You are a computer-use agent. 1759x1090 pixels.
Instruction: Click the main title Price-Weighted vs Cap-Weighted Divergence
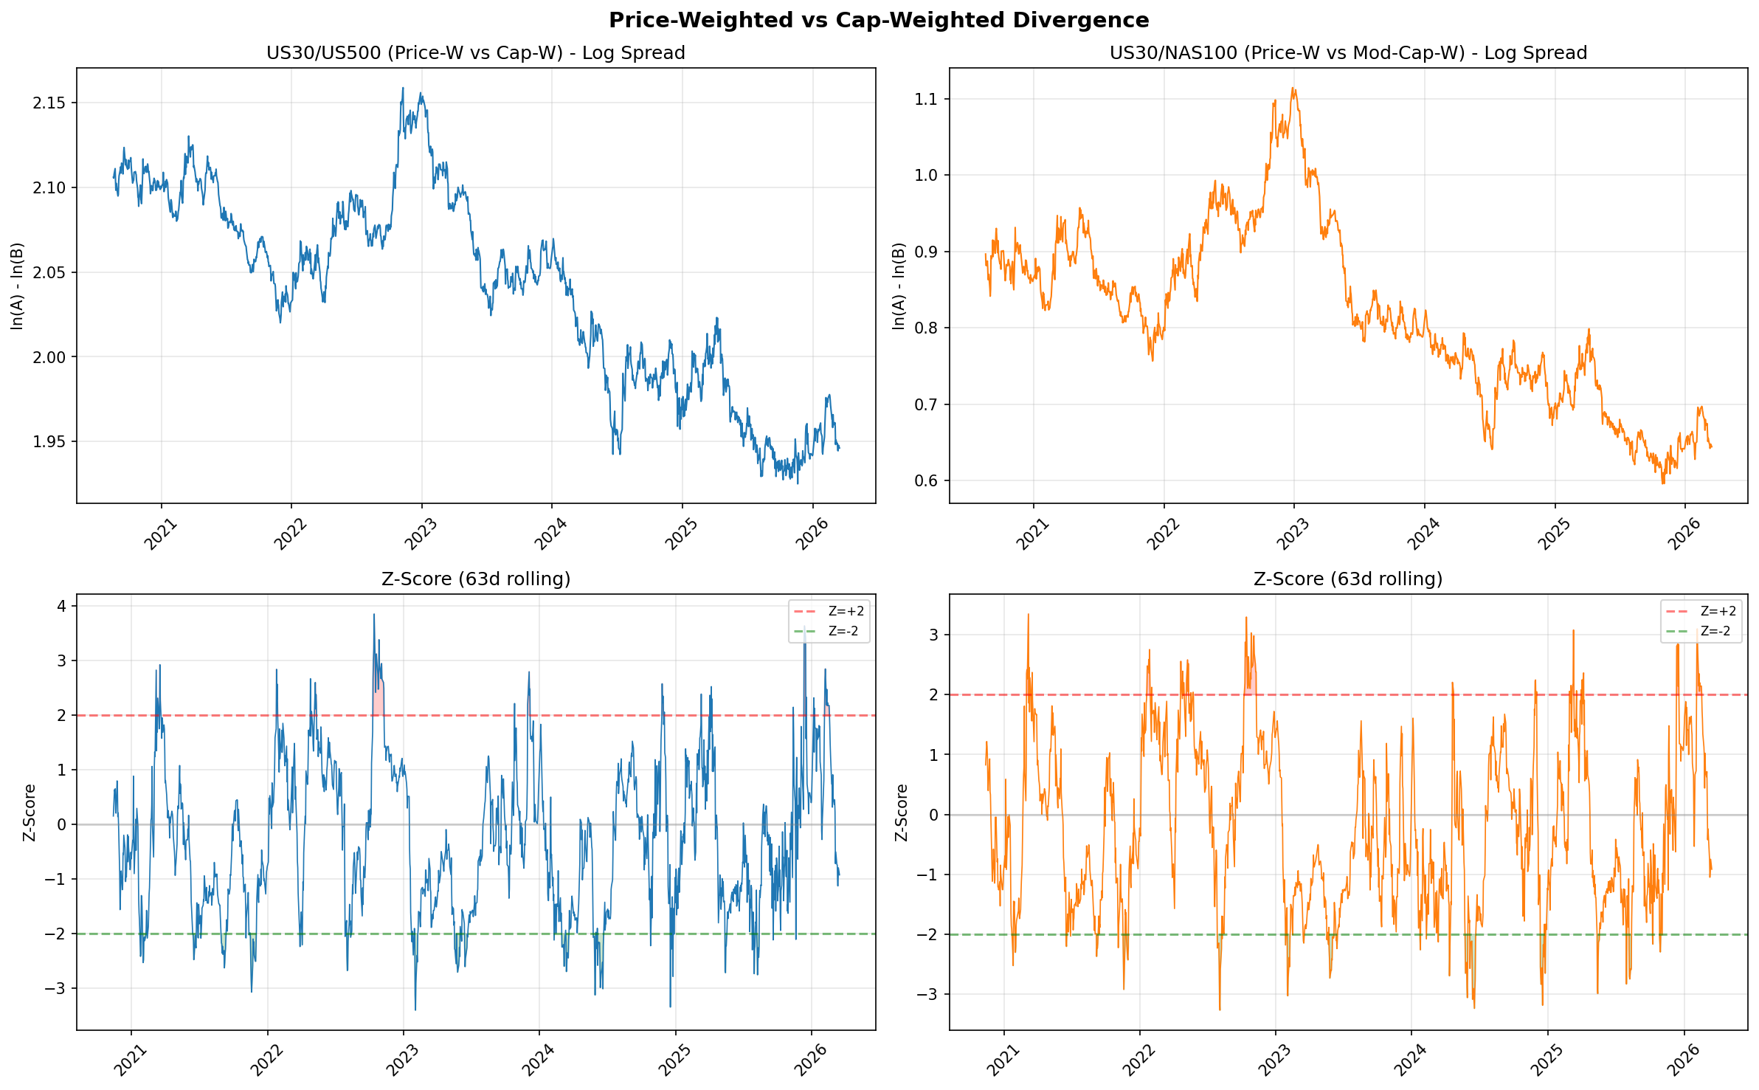[879, 21]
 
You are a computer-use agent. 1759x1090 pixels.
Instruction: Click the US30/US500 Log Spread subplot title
[476, 53]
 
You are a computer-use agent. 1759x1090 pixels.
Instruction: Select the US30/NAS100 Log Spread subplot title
[1348, 53]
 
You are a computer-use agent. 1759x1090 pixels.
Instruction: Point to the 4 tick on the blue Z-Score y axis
[62, 606]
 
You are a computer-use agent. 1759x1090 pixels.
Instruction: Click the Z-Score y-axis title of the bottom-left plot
[30, 813]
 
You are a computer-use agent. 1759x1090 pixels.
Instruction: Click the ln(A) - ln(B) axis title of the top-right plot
[899, 286]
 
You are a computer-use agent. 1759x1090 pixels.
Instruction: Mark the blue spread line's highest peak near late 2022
[402, 89]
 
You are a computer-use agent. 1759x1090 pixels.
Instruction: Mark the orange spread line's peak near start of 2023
[1293, 89]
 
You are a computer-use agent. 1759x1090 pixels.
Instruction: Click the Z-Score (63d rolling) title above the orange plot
[1348, 579]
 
